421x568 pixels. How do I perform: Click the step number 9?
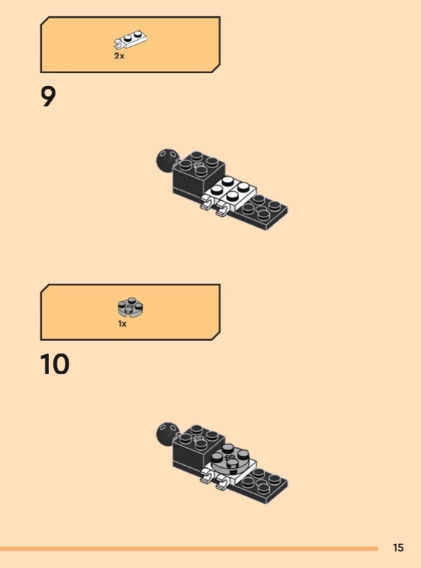pyautogui.click(x=48, y=97)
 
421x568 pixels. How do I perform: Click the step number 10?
pyautogui.click(x=55, y=364)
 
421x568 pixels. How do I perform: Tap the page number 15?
pyautogui.click(x=398, y=547)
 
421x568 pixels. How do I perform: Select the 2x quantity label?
pyautogui.click(x=119, y=56)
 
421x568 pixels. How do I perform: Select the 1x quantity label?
pyautogui.click(x=122, y=324)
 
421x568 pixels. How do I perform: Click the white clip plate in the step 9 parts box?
pyautogui.click(x=130, y=40)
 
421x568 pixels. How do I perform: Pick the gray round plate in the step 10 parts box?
pyautogui.click(x=131, y=307)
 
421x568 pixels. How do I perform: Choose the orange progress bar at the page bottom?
pyautogui.click(x=189, y=549)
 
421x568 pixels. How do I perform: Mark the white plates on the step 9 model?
pyautogui.click(x=229, y=194)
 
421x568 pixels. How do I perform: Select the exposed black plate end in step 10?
pyautogui.click(x=261, y=486)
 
